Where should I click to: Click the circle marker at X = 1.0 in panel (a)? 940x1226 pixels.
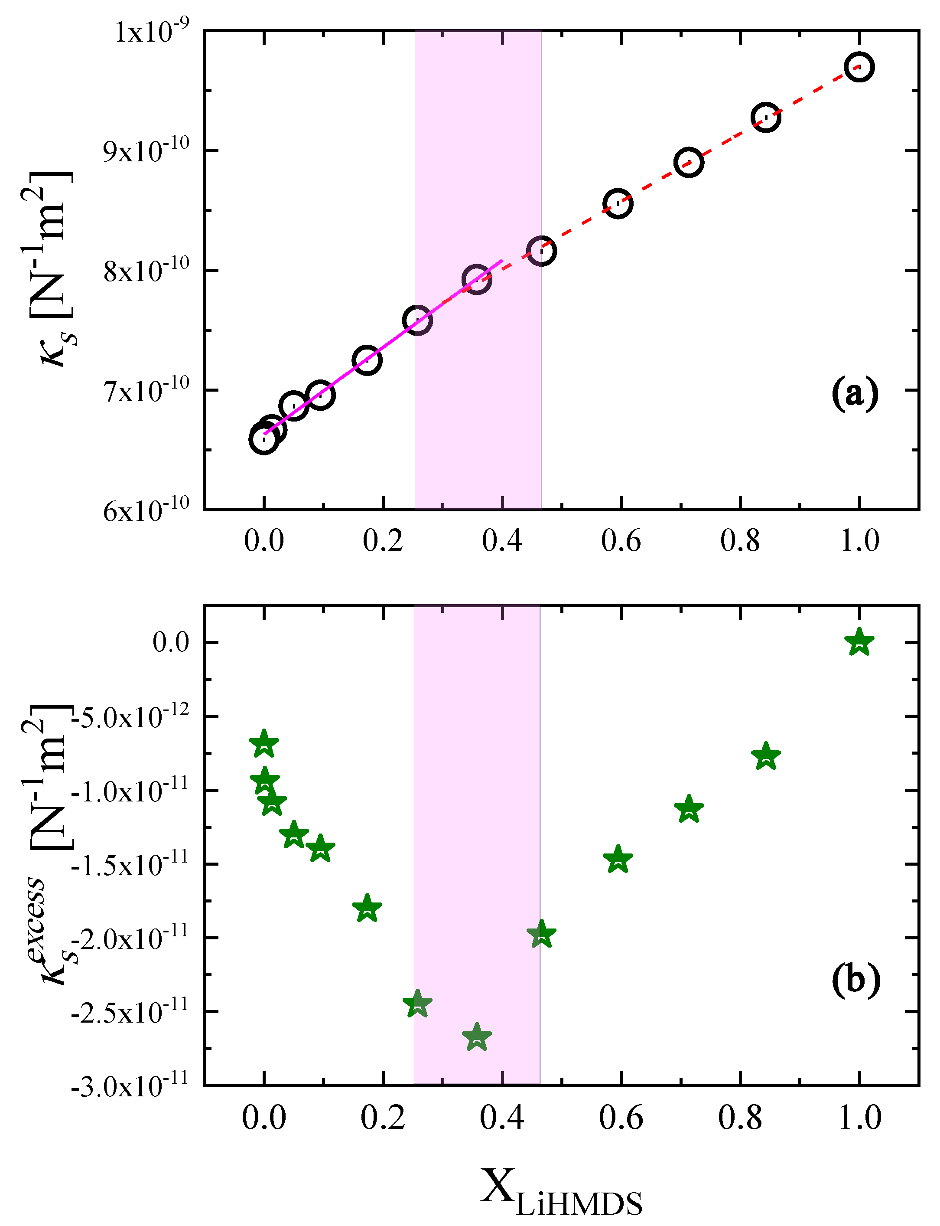pyautogui.click(x=859, y=67)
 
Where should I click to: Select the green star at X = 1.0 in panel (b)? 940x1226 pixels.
pyautogui.click(x=859, y=642)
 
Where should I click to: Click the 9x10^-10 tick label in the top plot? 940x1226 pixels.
pyautogui.click(x=146, y=150)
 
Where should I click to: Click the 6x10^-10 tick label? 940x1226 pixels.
pyautogui.click(x=146, y=510)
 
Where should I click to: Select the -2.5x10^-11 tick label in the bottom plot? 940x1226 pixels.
pyautogui.click(x=130, y=1012)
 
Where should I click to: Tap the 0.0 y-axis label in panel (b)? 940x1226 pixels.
pyautogui.click(x=171, y=642)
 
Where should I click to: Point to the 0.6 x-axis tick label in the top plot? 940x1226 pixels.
pyautogui.click(x=621, y=541)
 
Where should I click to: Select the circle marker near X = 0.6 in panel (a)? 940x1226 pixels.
pyautogui.click(x=618, y=204)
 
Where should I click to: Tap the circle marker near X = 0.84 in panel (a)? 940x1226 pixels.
pyautogui.click(x=765, y=118)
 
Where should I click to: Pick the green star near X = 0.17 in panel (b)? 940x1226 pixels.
pyautogui.click(x=367, y=907)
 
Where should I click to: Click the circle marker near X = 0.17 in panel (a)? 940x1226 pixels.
pyautogui.click(x=367, y=360)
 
